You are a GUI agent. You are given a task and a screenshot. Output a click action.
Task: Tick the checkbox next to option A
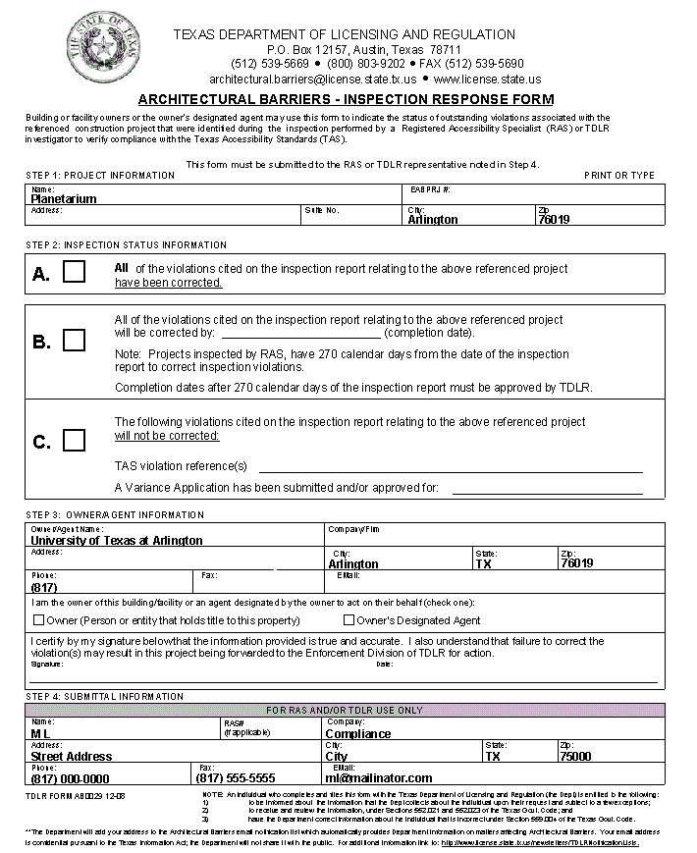(75, 273)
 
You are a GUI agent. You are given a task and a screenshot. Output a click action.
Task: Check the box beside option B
(75, 341)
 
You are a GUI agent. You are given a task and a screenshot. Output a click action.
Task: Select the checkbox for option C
(75, 441)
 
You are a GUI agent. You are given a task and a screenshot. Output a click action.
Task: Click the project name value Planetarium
(64, 198)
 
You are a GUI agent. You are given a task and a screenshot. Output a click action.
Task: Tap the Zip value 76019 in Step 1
(554, 220)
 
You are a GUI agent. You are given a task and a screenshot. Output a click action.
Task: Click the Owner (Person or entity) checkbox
(39, 620)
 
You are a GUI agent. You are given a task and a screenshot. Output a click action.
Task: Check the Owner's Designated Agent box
(348, 620)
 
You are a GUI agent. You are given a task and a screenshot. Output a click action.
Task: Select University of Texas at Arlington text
(117, 540)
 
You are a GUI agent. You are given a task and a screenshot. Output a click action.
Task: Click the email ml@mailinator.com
(379, 778)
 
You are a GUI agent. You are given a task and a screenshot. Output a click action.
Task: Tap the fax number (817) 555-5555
(236, 778)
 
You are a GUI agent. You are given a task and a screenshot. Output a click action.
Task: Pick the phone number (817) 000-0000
(71, 778)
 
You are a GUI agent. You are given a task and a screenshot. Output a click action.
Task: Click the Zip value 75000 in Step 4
(575, 757)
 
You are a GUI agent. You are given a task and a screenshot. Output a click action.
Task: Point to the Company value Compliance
(358, 734)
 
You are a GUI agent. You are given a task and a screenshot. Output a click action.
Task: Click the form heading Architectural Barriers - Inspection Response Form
(346, 99)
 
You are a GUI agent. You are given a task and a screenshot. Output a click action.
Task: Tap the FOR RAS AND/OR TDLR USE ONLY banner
(345, 710)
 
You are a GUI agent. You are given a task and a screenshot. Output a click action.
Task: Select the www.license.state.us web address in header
(487, 79)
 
